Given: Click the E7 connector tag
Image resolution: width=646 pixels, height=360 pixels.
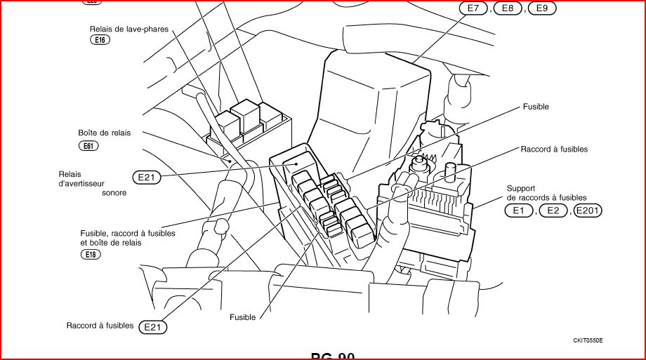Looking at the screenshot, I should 473,8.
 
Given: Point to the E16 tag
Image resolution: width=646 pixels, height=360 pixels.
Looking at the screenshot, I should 100,40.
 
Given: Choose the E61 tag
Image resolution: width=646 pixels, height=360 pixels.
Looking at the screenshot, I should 88,146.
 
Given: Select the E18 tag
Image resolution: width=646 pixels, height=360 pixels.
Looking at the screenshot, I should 91,254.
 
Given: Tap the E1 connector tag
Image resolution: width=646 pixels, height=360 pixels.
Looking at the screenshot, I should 519,210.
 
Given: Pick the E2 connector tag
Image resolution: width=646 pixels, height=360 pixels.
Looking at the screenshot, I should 553,210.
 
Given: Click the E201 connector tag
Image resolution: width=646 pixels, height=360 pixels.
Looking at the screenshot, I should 588,210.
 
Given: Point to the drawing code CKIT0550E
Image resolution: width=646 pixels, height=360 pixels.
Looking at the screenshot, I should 588,340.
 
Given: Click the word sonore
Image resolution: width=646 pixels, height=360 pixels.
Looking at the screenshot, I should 114,193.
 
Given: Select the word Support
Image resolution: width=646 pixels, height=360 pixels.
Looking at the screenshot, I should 521,189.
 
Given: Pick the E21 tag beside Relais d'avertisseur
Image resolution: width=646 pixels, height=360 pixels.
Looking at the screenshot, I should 146,178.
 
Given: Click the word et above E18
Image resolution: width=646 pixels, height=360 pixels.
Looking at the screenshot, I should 84,242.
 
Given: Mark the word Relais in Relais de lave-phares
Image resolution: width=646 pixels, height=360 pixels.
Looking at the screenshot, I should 101,29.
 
